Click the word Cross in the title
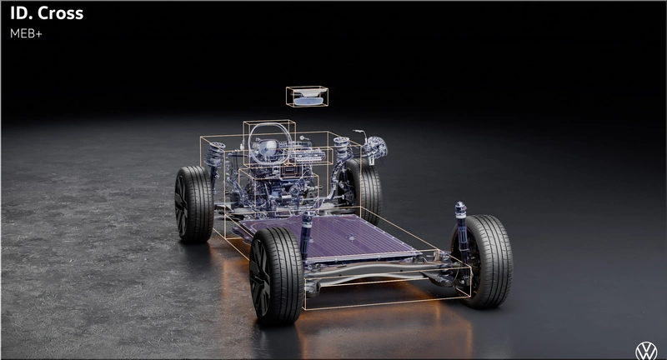(x=60, y=13)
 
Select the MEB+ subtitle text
(x=26, y=33)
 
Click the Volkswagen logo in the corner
(x=646, y=351)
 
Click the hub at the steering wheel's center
(x=268, y=147)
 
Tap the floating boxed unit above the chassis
(x=307, y=97)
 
